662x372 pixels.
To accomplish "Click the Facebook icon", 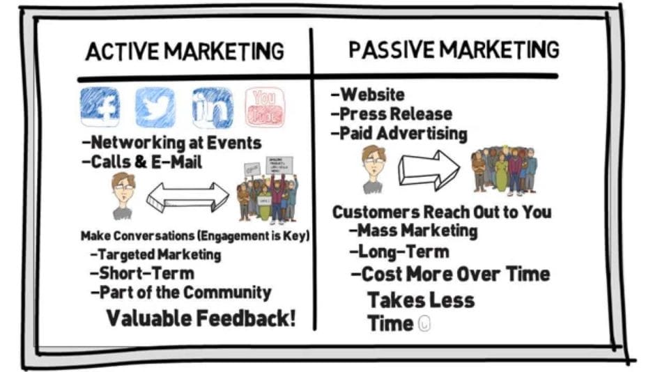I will point(100,107).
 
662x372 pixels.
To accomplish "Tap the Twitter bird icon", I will point(155,107).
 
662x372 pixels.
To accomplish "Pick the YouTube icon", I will point(265,107).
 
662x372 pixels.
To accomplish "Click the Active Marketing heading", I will point(185,52).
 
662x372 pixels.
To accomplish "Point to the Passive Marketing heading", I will point(454,49).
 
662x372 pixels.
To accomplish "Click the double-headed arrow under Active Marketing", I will point(187,197).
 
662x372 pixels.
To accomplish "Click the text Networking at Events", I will point(171,144).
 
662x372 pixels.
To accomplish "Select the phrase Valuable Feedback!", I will point(201,318).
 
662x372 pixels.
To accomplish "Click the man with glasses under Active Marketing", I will point(123,196).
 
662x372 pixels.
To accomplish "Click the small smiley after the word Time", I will point(424,324).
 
